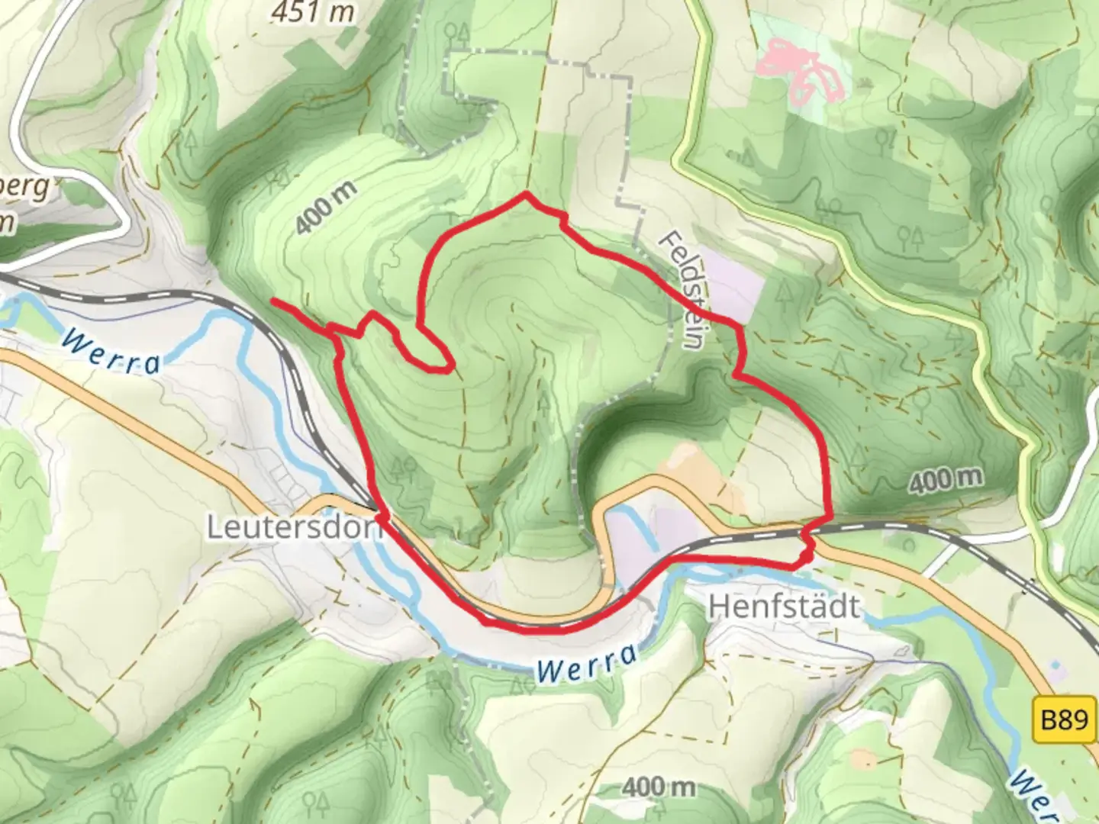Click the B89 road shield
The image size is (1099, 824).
pos(1064,719)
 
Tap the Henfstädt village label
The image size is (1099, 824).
pos(784,607)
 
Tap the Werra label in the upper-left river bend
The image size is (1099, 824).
pos(111,352)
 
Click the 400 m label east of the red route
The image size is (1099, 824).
pos(946,479)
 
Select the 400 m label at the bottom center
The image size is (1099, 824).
pos(658,786)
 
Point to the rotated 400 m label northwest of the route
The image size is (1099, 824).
pos(326,209)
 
